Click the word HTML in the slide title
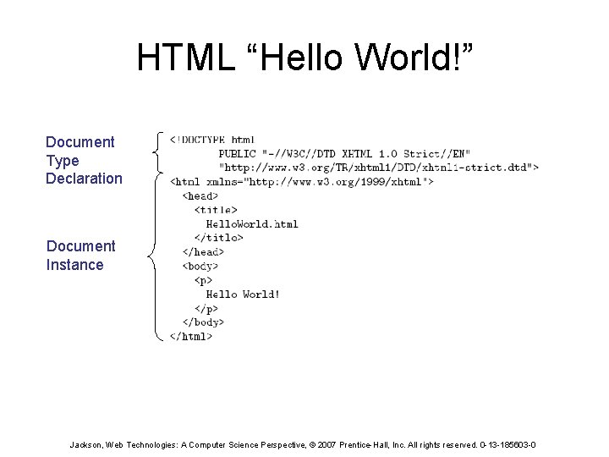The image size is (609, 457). tap(180, 58)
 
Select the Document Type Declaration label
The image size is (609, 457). tap(84, 160)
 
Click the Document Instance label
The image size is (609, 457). tap(81, 255)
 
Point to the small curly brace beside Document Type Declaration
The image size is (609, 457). tap(159, 152)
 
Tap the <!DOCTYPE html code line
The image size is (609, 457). tap(212, 140)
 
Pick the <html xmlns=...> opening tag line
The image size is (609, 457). tap(302, 181)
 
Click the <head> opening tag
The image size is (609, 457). tap(200, 195)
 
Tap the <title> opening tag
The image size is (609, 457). tap(216, 210)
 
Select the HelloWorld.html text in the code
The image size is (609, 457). tap(252, 223)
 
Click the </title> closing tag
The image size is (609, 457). tap(218, 238)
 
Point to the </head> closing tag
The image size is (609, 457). tap(203, 251)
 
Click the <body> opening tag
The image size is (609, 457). tap(200, 266)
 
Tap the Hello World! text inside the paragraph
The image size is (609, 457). tap(243, 294)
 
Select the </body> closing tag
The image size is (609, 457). tap(203, 322)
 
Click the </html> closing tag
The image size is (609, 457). tap(191, 336)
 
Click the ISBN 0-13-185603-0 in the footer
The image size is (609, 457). tap(506, 444)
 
